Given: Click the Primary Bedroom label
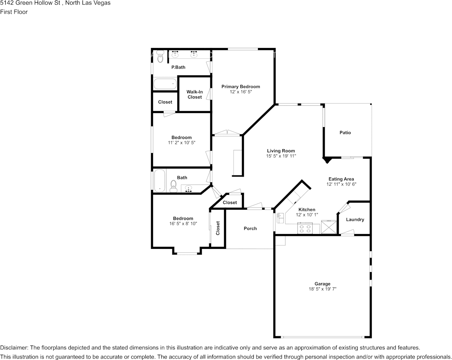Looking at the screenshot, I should click(241, 87).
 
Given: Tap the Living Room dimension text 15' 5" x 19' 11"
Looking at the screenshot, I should click(281, 156).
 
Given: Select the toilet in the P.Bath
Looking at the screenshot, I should click(161, 56).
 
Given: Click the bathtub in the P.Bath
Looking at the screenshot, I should click(165, 84).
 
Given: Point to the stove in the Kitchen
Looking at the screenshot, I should click(305, 229).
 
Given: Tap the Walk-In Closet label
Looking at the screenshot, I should click(194, 94).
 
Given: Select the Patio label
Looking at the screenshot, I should click(345, 132).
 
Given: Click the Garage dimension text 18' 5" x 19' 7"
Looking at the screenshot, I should click(322, 289).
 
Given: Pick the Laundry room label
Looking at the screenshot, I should click(355, 220).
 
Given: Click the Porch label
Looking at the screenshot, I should click(250, 228).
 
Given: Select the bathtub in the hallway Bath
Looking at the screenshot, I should click(159, 181).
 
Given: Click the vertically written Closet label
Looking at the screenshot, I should click(218, 228).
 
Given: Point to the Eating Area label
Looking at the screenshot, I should click(341, 179).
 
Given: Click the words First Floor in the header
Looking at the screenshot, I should click(14, 12).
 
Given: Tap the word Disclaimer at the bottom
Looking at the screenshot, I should click(13, 348).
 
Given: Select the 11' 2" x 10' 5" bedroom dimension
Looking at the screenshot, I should click(181, 143).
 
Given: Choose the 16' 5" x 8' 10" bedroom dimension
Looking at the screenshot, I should click(183, 224).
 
